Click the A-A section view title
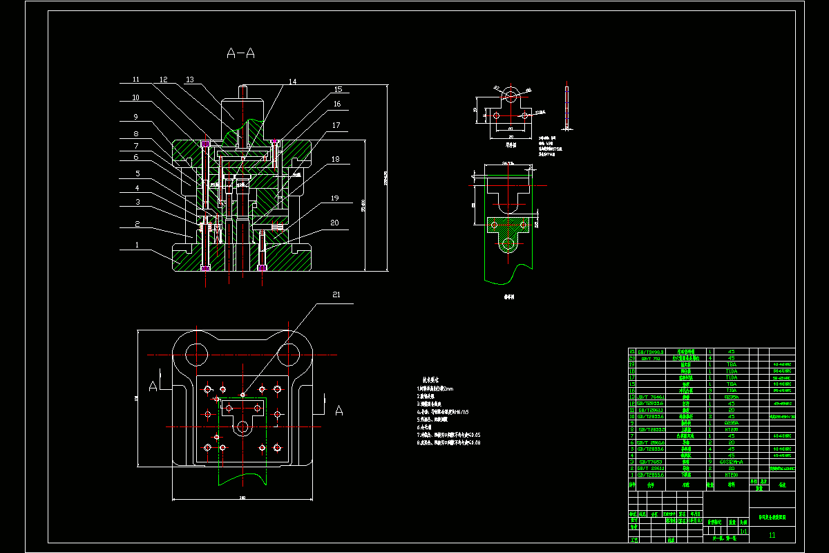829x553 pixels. (x=240, y=53)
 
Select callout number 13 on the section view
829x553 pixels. (x=189, y=79)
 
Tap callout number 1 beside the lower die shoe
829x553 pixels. (x=137, y=245)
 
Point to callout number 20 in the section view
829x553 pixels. (x=334, y=223)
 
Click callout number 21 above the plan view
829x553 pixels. (x=336, y=295)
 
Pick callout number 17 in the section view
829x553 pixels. (x=336, y=126)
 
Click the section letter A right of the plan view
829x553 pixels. (x=339, y=411)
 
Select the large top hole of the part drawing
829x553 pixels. (x=511, y=95)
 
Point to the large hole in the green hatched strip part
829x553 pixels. (x=510, y=244)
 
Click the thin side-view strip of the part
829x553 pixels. (x=566, y=107)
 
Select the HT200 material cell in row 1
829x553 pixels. (x=732, y=475)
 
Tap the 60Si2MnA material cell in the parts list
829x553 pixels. (x=732, y=462)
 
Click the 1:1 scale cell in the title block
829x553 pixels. (x=743, y=532)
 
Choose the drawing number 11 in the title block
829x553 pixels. (x=772, y=535)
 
